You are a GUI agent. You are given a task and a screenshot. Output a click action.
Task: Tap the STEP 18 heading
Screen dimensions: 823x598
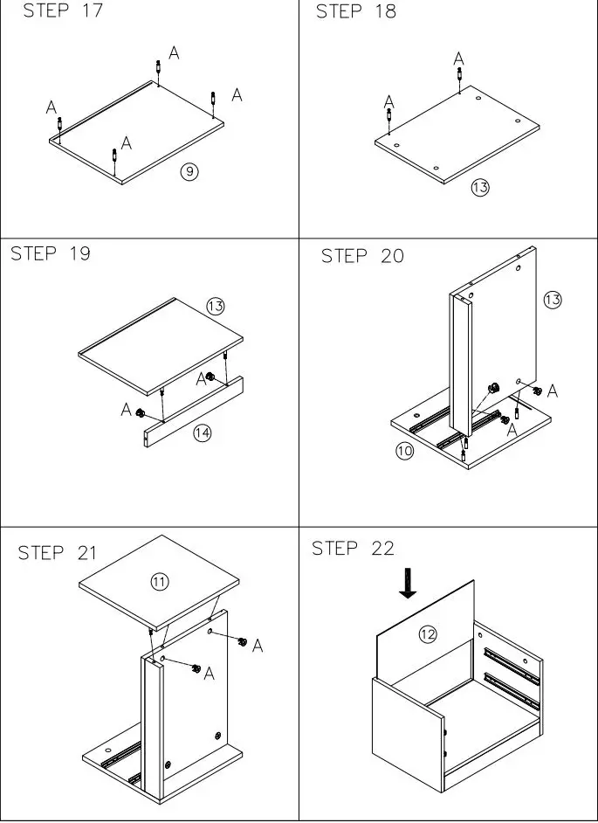(356, 11)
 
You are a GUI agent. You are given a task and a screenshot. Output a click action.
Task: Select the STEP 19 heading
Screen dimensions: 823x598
(50, 254)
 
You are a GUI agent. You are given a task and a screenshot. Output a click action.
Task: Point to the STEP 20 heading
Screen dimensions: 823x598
(362, 256)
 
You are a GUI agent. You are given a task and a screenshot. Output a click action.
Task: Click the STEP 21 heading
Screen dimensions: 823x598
(58, 553)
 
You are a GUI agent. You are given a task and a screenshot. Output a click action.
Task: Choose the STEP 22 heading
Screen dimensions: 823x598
(353, 549)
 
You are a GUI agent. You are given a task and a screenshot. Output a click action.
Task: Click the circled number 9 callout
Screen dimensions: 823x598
(189, 171)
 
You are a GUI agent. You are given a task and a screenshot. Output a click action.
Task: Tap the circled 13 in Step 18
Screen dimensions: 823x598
(480, 187)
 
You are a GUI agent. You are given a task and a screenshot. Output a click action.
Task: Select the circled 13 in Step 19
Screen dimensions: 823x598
(216, 306)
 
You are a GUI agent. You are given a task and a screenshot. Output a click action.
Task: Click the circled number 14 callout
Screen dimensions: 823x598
(203, 432)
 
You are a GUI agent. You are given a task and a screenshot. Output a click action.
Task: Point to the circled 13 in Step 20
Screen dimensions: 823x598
(552, 300)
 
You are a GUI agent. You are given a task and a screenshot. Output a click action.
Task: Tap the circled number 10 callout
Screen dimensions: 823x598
(404, 452)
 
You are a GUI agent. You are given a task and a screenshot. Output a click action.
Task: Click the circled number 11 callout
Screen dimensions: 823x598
(160, 581)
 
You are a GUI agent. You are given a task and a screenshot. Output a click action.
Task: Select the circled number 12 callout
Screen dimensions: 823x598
(426, 634)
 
